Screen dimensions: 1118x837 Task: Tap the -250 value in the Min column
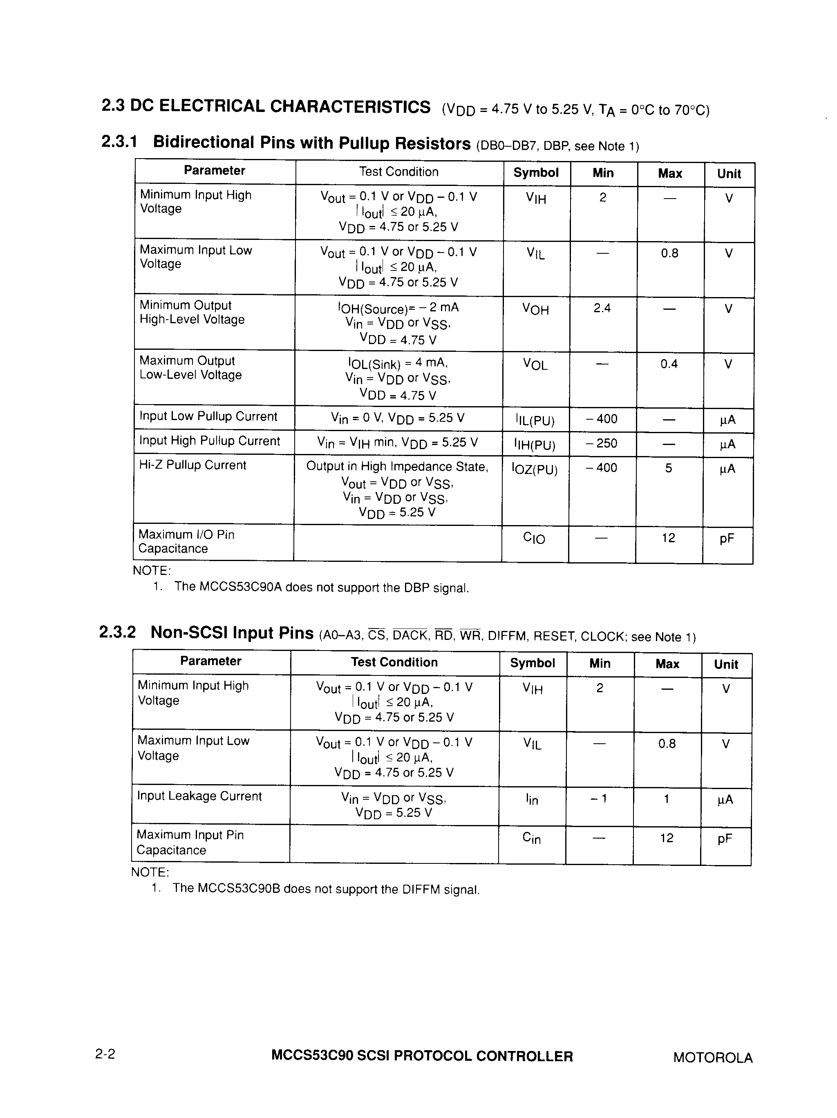pos(602,443)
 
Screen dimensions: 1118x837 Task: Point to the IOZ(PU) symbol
pos(535,470)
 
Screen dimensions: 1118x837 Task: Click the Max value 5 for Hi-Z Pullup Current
pos(668,468)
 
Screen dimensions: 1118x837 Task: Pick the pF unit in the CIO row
pos(726,539)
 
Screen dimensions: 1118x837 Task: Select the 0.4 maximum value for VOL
pos(669,364)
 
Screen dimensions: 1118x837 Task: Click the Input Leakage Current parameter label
pos(199,796)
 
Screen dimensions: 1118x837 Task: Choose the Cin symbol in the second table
pos(531,838)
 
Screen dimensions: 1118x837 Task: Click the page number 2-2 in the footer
pos(105,1054)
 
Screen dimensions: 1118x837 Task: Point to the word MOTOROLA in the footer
pos(712,1058)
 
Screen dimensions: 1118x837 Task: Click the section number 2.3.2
pos(117,632)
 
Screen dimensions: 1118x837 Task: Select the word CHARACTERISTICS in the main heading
pos(350,107)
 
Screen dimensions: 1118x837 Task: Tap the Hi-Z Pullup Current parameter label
pos(192,465)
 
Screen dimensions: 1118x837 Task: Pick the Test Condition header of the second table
pos(394,662)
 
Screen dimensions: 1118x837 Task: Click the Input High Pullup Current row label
pos(209,441)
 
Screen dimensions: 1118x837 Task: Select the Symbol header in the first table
pos(536,173)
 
